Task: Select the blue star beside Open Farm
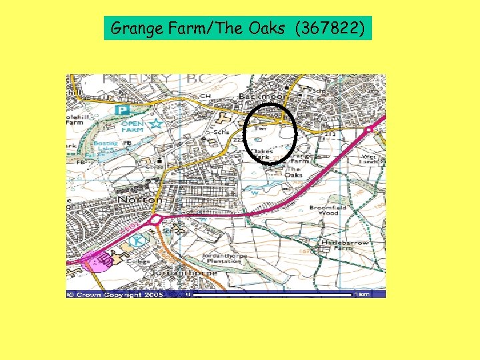[x=156, y=123]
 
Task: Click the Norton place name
[x=140, y=199]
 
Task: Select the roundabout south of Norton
[x=157, y=219]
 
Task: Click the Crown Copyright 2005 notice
[x=116, y=294]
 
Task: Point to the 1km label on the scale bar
[x=363, y=293]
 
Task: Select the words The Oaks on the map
[x=294, y=173]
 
